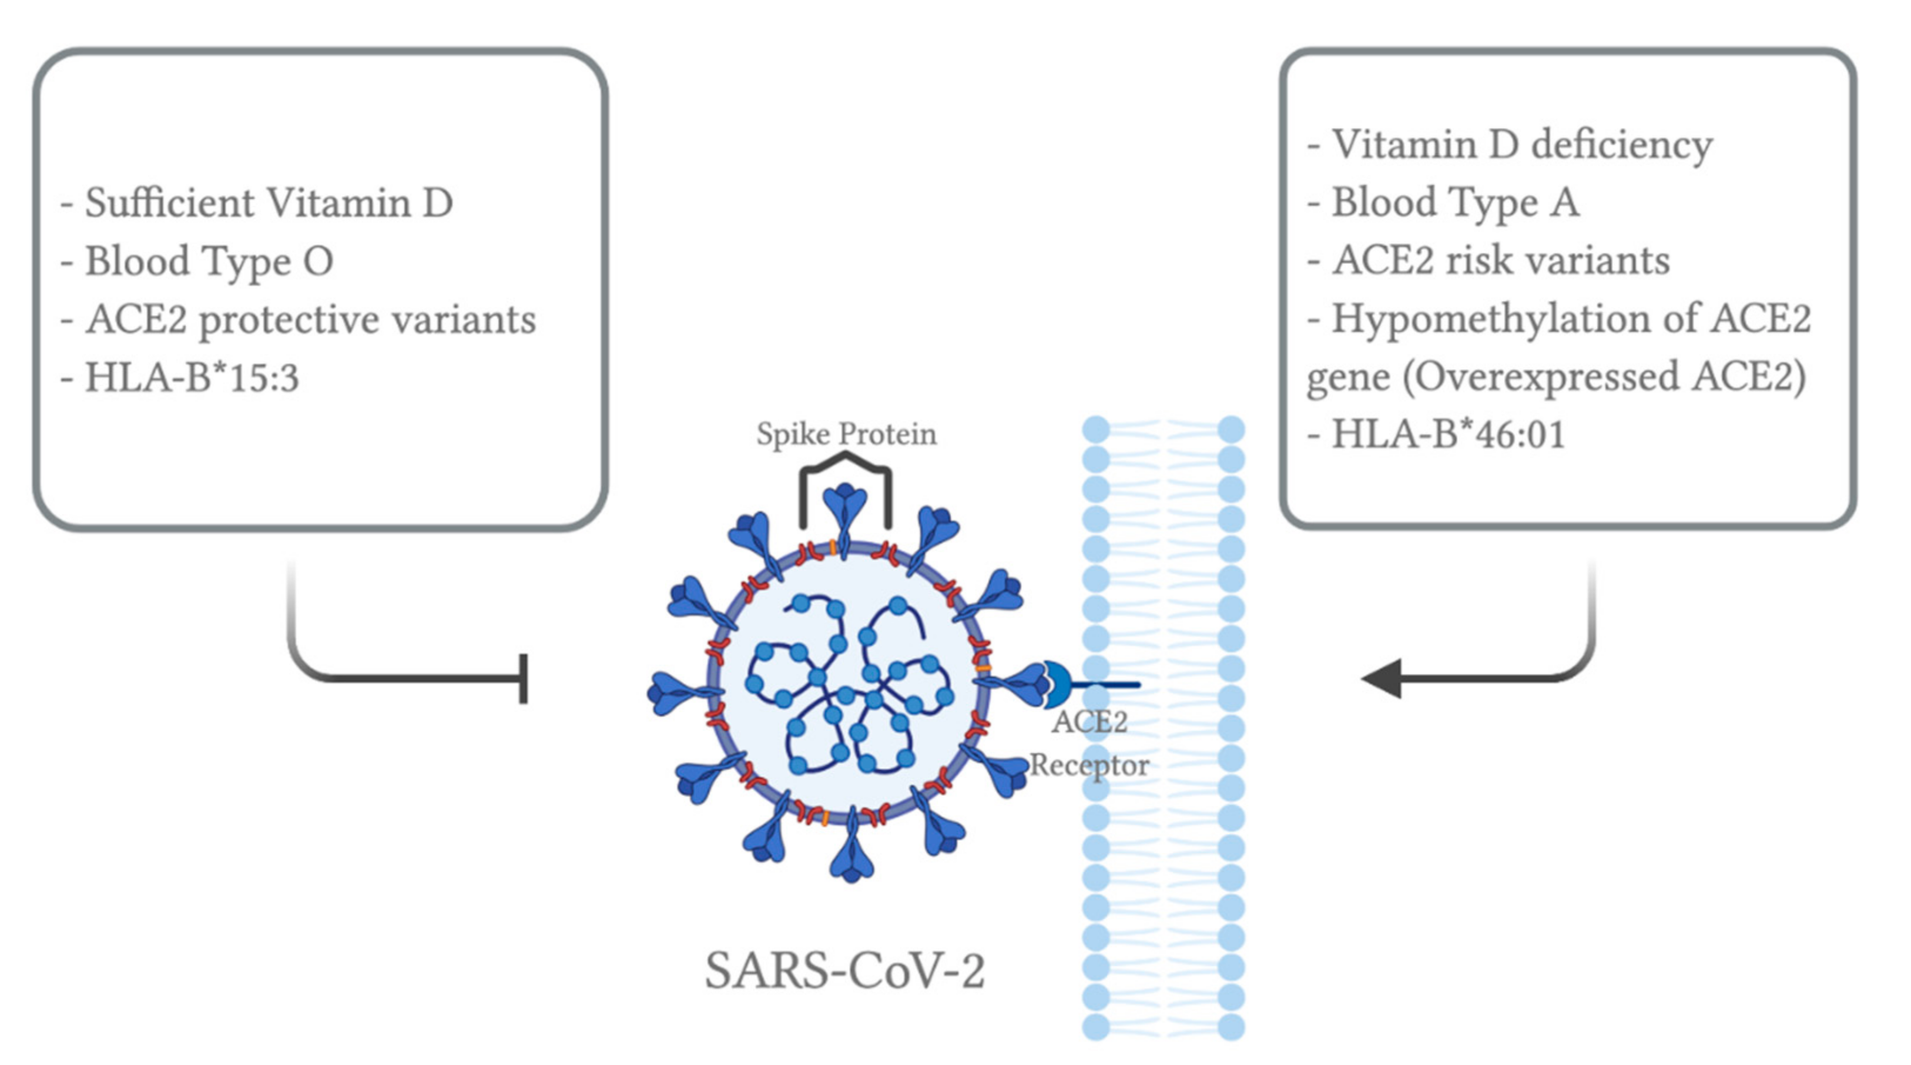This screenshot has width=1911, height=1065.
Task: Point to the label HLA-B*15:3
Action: [x=192, y=378]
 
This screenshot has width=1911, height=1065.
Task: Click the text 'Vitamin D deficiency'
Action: [x=1521, y=145]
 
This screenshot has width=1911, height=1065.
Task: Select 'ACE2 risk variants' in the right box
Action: [x=1500, y=260]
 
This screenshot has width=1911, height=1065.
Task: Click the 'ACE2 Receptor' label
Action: [x=1089, y=743]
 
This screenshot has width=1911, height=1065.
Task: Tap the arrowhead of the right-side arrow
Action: [x=1382, y=678]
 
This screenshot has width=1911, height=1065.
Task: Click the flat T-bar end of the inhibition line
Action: [x=524, y=678]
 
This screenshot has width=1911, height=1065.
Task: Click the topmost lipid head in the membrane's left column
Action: [x=1096, y=429]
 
